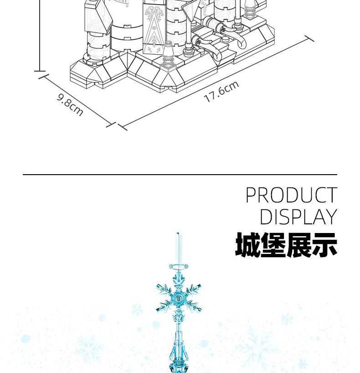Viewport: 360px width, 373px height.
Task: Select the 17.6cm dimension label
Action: [x=221, y=92]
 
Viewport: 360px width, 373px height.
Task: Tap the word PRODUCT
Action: [x=291, y=196]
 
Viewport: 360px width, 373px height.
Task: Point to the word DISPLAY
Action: [x=298, y=217]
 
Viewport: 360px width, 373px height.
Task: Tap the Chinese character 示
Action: [x=324, y=245]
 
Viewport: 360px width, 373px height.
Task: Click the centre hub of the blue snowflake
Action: [x=179, y=300]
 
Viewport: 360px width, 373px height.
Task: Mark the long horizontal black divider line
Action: [x=180, y=175]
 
